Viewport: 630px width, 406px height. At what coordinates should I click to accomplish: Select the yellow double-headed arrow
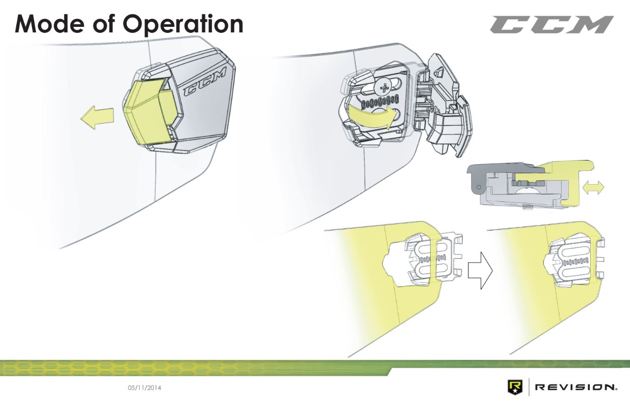tap(592, 188)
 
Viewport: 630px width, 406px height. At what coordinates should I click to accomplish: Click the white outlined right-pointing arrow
tap(479, 271)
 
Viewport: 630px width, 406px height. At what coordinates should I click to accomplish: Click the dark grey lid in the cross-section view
tap(500, 169)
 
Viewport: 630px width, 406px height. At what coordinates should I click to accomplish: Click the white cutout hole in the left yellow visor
tap(394, 264)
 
